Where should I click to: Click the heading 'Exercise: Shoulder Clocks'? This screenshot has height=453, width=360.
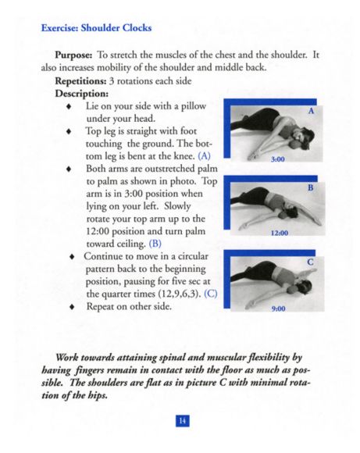(x=96, y=28)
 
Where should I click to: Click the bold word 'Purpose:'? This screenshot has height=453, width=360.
(x=73, y=55)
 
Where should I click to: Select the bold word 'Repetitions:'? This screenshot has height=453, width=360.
(x=81, y=81)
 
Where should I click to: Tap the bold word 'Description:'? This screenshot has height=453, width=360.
(x=82, y=94)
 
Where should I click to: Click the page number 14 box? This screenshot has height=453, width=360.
(x=183, y=421)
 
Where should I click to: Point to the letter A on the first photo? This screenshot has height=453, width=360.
(x=311, y=111)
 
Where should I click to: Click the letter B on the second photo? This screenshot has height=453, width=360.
(x=311, y=187)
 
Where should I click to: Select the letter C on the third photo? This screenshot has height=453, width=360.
(x=310, y=262)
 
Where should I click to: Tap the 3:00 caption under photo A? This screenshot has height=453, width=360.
(x=278, y=159)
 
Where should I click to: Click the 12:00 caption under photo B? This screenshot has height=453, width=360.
(x=280, y=233)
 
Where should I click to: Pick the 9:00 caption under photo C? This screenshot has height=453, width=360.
(x=279, y=309)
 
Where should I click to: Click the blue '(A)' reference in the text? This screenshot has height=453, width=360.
(x=204, y=156)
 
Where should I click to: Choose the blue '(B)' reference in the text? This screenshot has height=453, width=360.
(x=155, y=244)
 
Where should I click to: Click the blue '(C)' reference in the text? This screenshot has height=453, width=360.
(x=211, y=294)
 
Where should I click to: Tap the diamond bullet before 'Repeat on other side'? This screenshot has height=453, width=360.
(x=72, y=306)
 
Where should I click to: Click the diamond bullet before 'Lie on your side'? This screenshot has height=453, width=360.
(x=69, y=106)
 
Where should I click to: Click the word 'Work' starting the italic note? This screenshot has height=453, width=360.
(x=66, y=358)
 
